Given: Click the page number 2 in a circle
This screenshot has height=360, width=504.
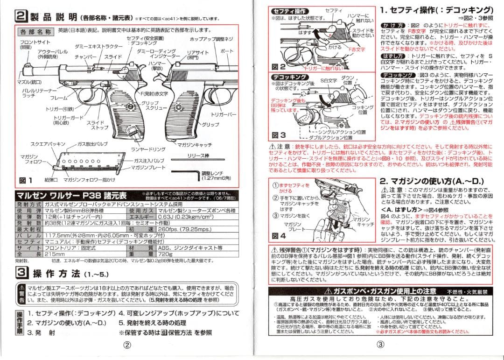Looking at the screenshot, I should point(126,346).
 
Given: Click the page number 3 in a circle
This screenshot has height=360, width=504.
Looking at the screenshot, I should point(380,346).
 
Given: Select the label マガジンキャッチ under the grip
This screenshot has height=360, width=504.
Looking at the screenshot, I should point(195,145).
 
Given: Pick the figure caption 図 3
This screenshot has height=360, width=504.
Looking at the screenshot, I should point(279,135).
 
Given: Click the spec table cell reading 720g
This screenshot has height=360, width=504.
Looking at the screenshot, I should point(165,255).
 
